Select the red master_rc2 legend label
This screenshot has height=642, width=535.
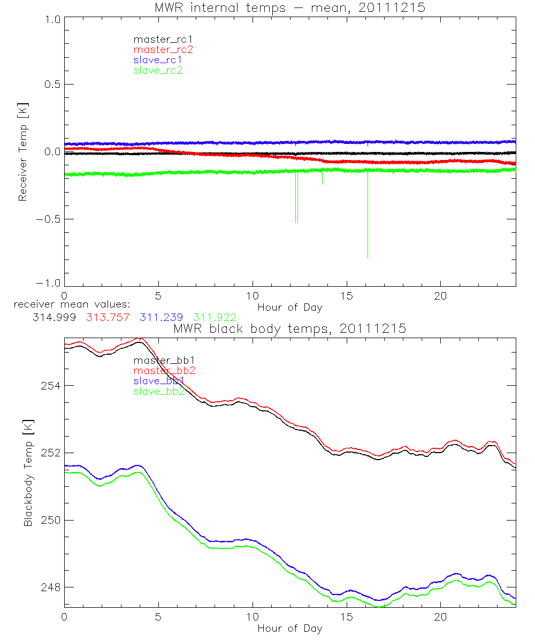(163, 50)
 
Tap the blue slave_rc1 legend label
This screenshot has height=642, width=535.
(158, 60)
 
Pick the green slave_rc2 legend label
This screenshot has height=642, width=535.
(158, 71)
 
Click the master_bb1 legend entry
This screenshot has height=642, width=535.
(159, 360)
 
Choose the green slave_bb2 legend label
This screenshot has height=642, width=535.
(159, 392)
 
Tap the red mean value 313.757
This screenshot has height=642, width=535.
(106, 317)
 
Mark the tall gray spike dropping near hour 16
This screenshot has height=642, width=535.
(368, 214)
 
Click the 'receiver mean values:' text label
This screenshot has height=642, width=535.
(68, 304)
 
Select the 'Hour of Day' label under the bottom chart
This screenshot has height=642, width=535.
(290, 629)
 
